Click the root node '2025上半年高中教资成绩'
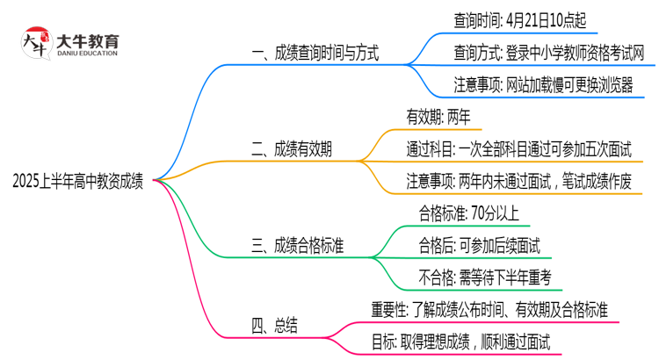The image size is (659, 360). [78, 181]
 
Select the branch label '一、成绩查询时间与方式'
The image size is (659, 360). [315, 54]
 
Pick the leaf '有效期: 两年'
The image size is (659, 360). [438, 114]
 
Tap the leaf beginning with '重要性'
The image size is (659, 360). [496, 309]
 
